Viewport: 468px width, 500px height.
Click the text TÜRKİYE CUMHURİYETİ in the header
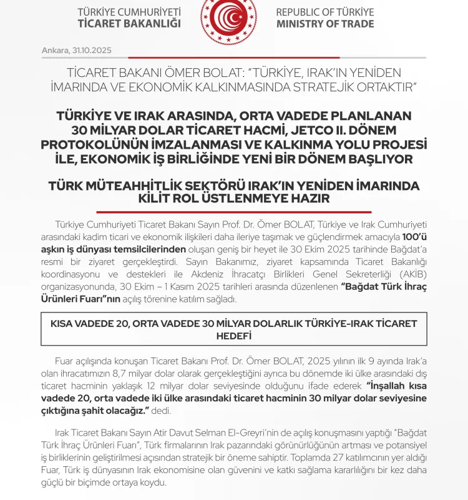point(129,12)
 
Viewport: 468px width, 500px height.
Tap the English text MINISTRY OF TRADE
point(325,24)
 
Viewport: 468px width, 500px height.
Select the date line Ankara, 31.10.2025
point(77,49)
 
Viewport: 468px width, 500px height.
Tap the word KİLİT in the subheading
point(160,199)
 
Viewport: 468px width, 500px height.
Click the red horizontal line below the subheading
point(234,212)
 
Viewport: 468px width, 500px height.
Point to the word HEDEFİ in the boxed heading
point(234,336)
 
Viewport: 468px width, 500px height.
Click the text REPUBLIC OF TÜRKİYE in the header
point(325,12)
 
